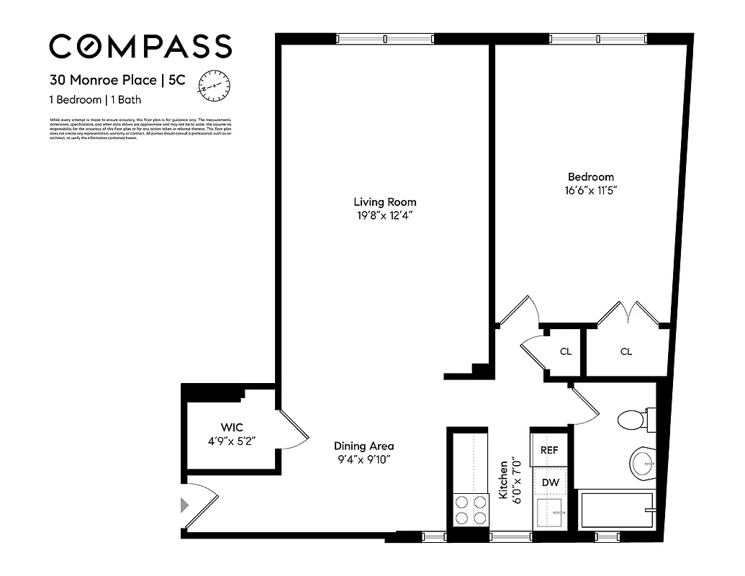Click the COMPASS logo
point(140,47)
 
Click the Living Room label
point(384,202)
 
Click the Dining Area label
point(364,446)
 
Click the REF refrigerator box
point(549,449)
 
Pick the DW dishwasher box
point(549,482)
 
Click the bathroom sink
point(642,464)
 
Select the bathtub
point(617,510)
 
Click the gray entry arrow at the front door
point(185,505)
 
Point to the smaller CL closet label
point(566,351)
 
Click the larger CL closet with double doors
point(626,351)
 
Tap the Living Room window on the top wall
point(384,39)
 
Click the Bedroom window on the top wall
point(597,39)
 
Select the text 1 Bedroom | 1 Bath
point(96,99)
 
